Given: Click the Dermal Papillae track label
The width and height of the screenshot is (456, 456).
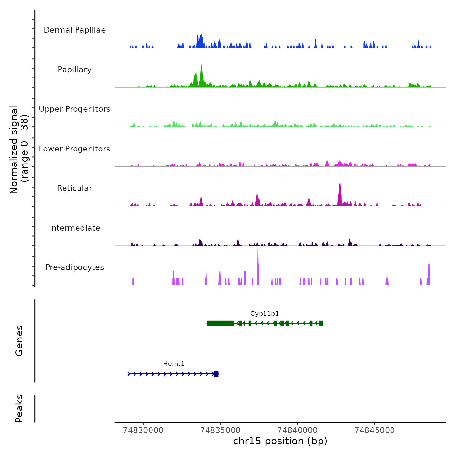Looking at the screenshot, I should point(75,30).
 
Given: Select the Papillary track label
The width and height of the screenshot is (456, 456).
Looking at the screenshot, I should point(75,70).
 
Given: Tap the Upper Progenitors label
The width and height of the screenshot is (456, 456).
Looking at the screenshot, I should point(75,109).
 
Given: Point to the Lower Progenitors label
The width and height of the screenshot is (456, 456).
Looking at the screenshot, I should point(75,149).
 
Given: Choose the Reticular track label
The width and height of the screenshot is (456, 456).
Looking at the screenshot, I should point(75,188).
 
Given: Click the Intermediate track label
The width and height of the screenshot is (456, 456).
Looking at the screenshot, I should point(75,228).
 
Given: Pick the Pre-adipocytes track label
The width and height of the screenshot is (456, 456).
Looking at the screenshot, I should point(75,267).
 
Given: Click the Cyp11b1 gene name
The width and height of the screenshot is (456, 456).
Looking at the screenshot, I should point(264,314).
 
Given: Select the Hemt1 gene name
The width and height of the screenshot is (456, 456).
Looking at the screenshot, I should point(174,364).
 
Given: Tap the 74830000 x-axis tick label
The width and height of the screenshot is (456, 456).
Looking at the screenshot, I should point(143,430).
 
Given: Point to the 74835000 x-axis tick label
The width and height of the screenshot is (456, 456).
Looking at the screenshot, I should point(220,430).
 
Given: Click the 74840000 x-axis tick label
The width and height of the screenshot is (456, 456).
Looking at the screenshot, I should point(297,430).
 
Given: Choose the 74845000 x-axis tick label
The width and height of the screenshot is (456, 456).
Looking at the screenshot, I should point(375,430).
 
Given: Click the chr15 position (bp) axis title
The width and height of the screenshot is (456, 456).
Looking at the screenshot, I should point(280,441).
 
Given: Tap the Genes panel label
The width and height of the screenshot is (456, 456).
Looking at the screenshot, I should point(19,341).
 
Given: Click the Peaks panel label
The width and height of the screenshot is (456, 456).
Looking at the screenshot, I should point(19,408).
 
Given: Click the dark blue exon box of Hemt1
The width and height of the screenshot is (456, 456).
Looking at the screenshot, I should point(216,374).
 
